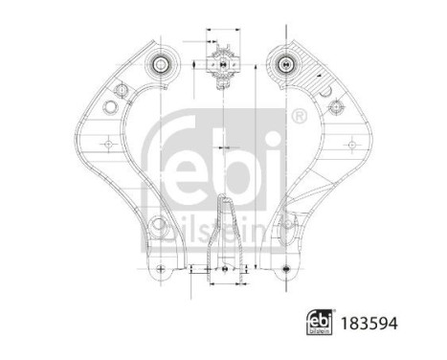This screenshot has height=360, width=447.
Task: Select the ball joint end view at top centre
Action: [222, 66]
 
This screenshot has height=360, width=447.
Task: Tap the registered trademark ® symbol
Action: [299, 118]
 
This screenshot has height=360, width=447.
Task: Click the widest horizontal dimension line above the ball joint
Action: [222, 43]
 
